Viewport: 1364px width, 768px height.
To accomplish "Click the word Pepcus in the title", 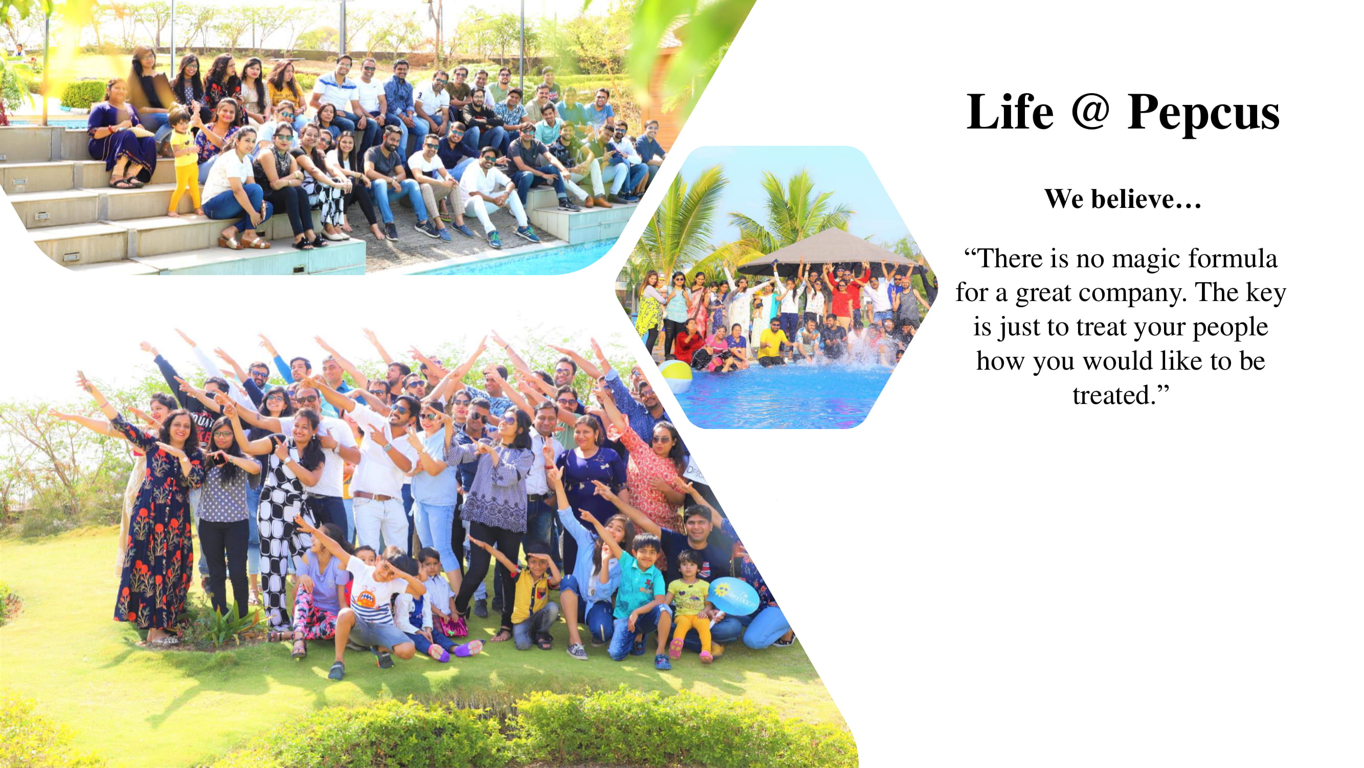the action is click(1203, 112).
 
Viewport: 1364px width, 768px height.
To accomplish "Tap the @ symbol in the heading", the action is click(1090, 111).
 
